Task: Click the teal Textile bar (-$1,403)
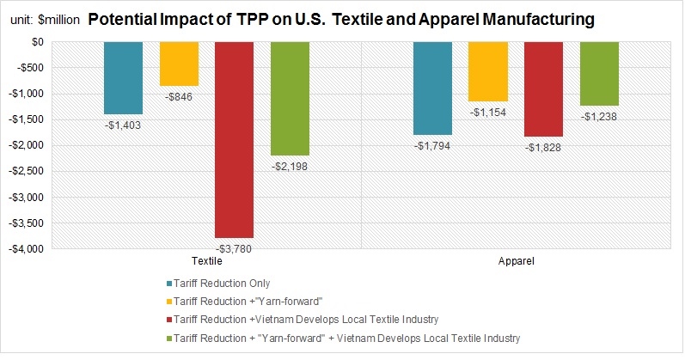pos(123,77)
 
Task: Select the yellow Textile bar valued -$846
pos(179,64)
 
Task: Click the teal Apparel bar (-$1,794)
pos(432,88)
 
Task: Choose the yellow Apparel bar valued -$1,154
pos(487,71)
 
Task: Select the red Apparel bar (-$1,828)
pos(543,88)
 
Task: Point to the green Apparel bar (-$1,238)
pos(598,73)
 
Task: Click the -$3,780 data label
pos(234,249)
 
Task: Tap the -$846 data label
pos(179,98)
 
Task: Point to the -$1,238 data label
pos(598,118)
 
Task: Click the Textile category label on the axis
pos(206,259)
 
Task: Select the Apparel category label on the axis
pos(516,259)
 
